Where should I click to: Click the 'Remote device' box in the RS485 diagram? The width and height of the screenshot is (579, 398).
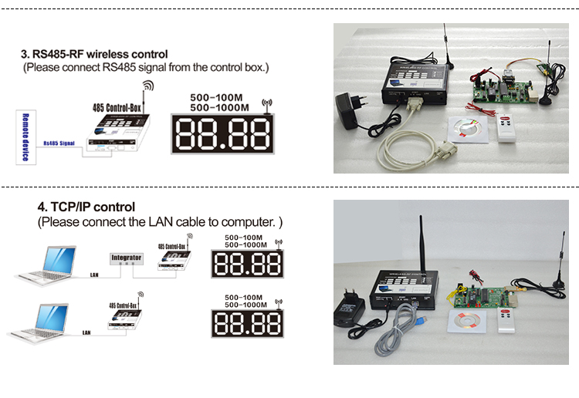point(25,137)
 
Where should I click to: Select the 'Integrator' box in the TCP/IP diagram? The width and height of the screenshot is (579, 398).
point(127,257)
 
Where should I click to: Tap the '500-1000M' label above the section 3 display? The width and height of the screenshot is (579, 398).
point(217,108)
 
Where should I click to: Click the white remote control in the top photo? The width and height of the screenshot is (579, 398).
point(507,136)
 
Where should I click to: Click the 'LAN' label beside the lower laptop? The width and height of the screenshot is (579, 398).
point(86,332)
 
